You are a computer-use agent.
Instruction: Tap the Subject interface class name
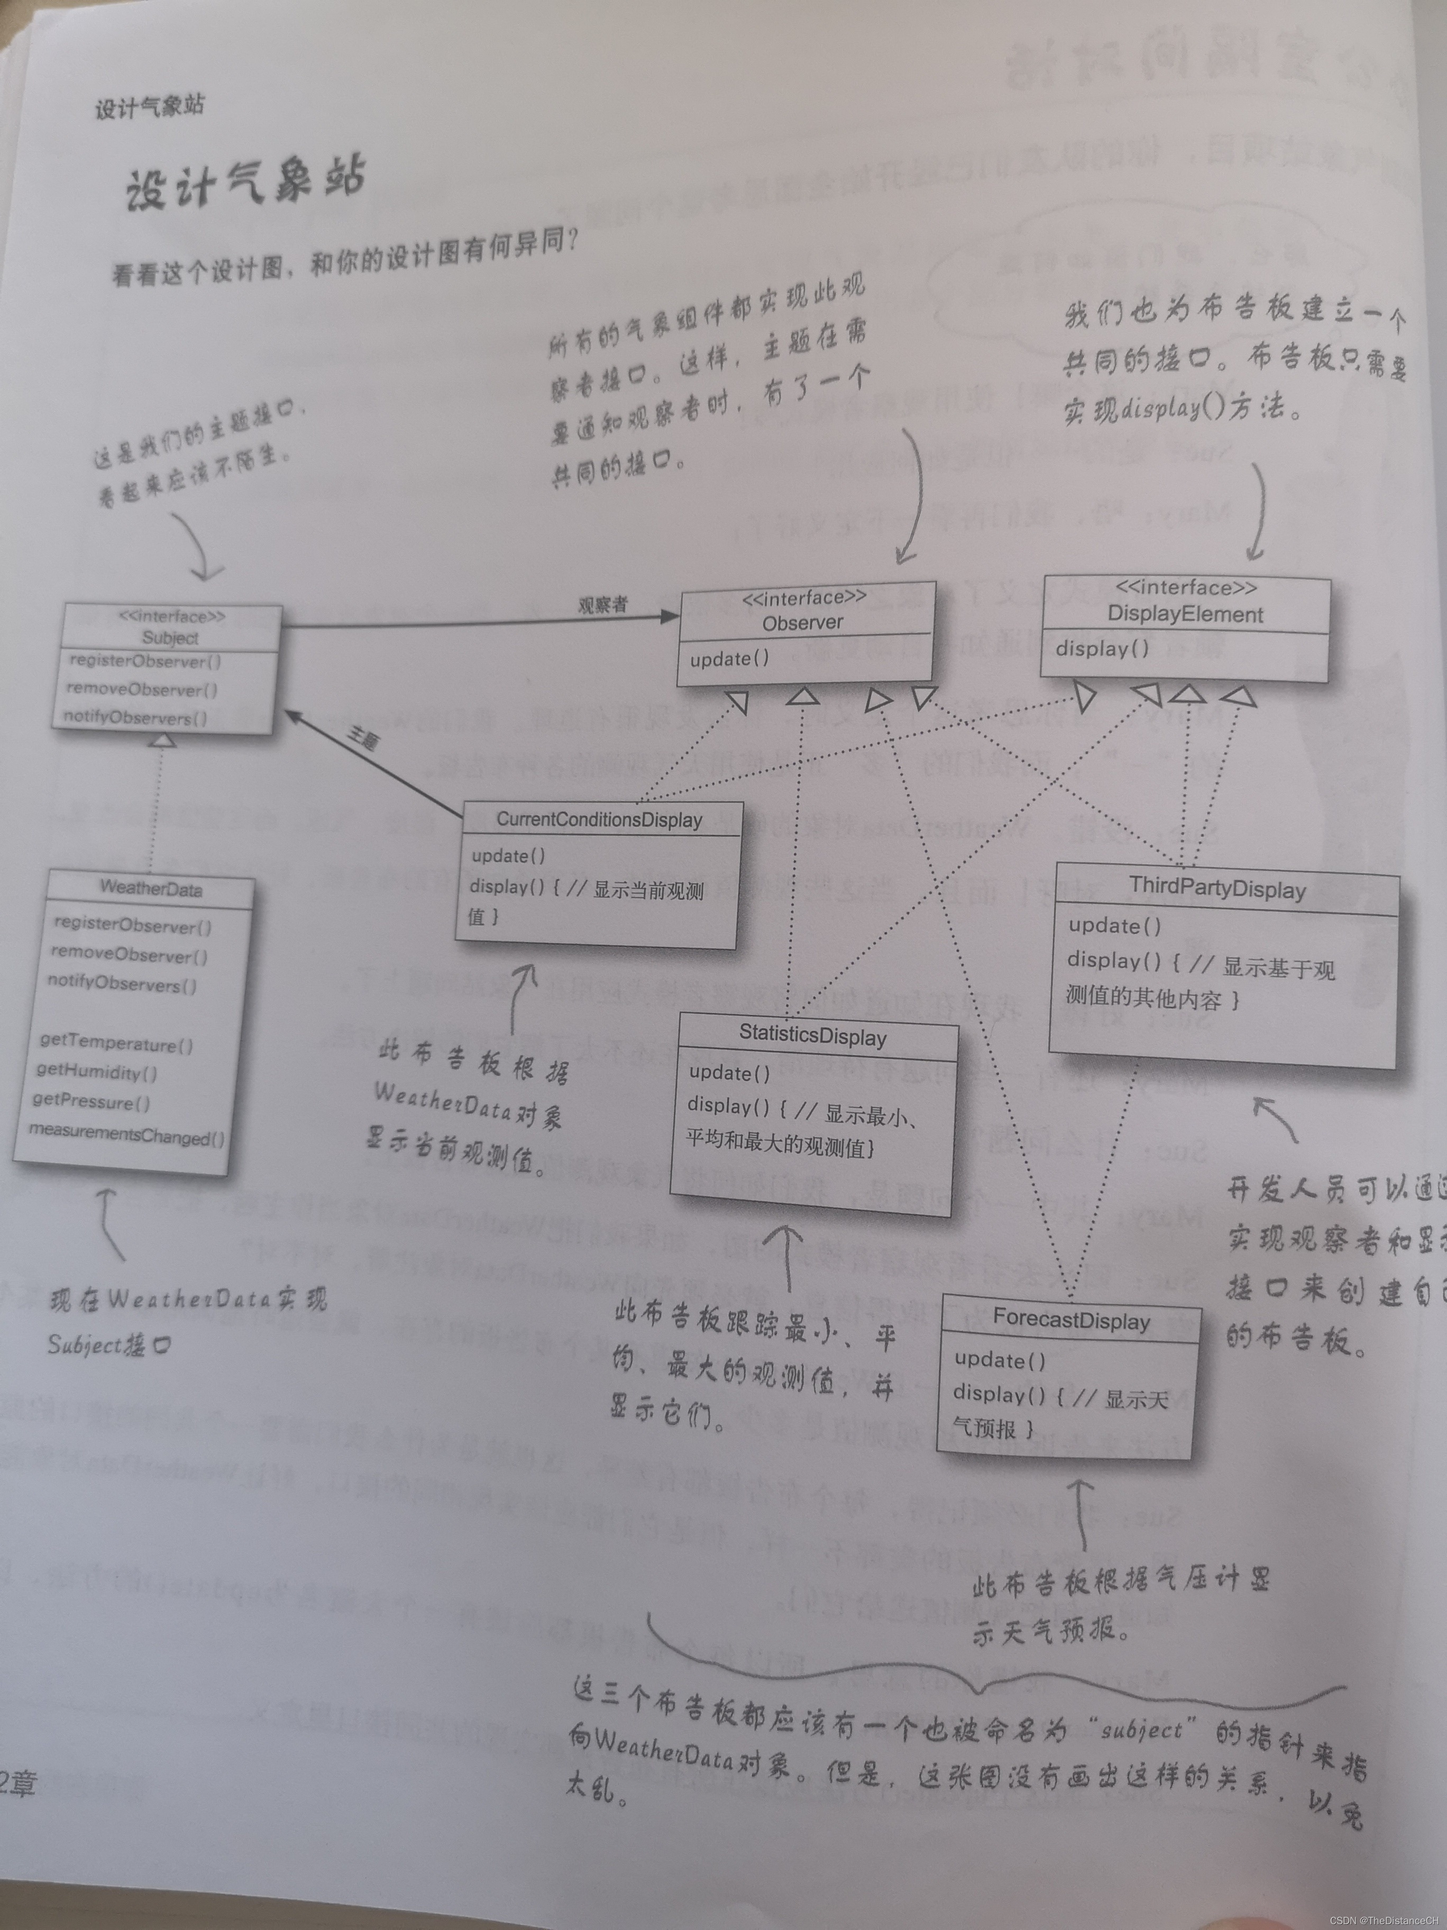click(170, 638)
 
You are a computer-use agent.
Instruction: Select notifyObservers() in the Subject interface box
click(135, 717)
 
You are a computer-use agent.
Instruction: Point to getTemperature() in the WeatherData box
click(116, 1043)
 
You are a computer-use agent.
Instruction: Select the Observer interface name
click(802, 622)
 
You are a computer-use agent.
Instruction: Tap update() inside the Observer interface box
click(729, 659)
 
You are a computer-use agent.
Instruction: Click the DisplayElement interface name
click(1185, 614)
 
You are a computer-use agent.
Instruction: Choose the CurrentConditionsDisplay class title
click(599, 820)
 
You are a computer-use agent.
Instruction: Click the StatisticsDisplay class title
click(813, 1036)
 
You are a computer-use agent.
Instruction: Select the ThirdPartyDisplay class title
click(1217, 888)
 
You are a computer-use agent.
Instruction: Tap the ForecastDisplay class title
click(1071, 1320)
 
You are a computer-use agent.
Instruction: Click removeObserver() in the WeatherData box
click(129, 955)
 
